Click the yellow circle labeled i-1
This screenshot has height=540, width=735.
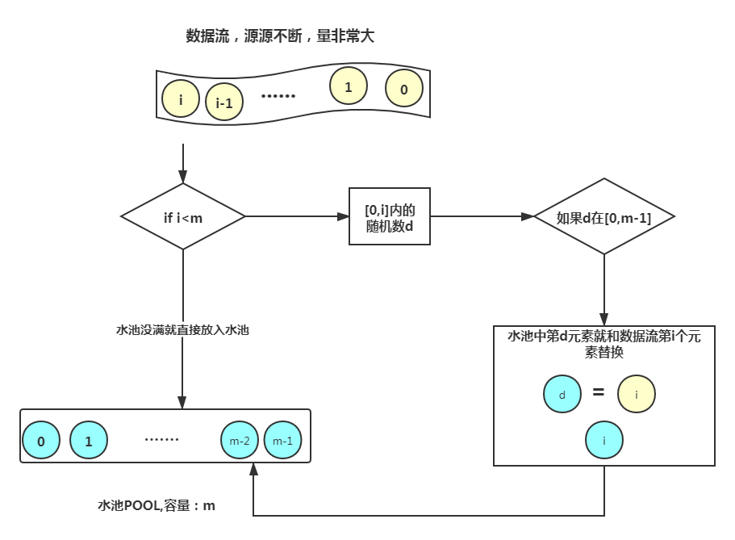[x=225, y=103]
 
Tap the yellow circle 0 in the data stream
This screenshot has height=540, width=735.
[x=404, y=90]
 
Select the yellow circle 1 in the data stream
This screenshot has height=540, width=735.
[x=349, y=86]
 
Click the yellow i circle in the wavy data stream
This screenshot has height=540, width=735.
[x=181, y=100]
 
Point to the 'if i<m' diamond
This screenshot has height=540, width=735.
[x=183, y=216]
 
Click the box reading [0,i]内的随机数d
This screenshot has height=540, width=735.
[x=389, y=217]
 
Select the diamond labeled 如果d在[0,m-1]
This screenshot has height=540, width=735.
[x=604, y=217]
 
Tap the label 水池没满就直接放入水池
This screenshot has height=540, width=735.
[x=182, y=330]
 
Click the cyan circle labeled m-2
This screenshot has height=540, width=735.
[x=240, y=441]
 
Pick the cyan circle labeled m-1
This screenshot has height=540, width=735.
[x=282, y=441]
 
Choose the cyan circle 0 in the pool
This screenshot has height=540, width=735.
[x=41, y=441]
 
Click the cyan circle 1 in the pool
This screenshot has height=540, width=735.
[x=89, y=441]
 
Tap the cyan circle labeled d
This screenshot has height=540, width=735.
[x=562, y=395]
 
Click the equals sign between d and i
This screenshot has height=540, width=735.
[x=599, y=393]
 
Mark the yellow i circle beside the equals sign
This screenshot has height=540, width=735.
[x=637, y=395]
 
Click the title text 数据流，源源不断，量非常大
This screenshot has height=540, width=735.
[x=281, y=36]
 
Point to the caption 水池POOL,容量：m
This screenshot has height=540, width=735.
[x=157, y=506]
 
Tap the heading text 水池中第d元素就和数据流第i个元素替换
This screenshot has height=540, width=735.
[x=603, y=345]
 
